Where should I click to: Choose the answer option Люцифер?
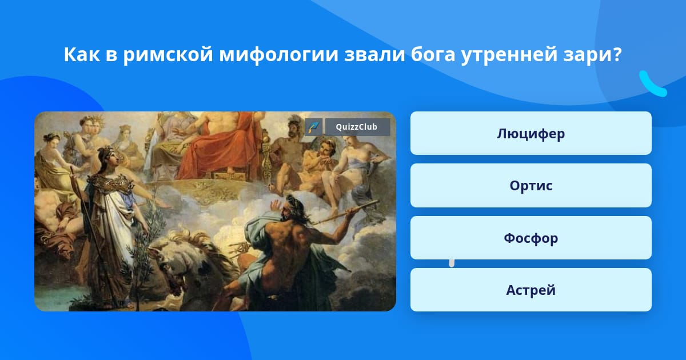pos(531,133)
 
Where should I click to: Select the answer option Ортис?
pos(531,186)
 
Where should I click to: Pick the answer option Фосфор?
pos(531,238)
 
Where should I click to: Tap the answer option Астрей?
pos(531,290)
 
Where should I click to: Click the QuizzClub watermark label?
pos(357,127)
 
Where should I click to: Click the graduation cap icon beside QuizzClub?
pos(314,127)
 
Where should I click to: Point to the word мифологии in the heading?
pos(278,55)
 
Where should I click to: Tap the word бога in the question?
pos(433,55)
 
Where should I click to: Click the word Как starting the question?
pos(82,55)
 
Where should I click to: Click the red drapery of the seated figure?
pos(214,147)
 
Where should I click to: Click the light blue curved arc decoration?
pos(652,85)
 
